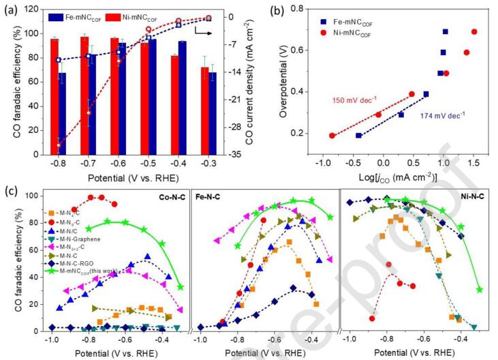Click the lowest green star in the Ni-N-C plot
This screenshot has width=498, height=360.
point(480,290)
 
